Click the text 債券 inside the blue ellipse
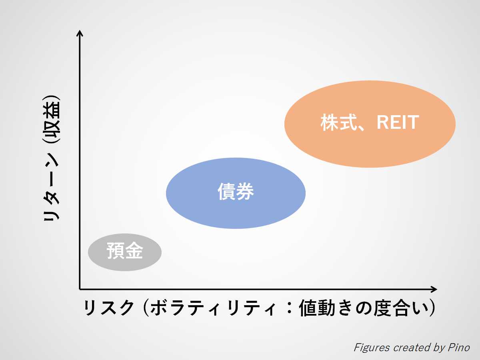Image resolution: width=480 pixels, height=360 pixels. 236,192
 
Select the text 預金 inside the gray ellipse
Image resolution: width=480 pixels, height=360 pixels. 124,252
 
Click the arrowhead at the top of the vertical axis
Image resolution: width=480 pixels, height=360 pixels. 80,33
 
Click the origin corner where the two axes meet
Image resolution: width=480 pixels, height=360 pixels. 80,289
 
